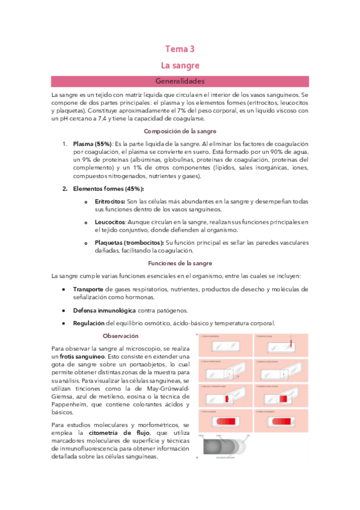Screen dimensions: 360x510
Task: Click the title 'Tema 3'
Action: tap(180, 49)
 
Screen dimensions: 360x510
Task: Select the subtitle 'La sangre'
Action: tap(180, 64)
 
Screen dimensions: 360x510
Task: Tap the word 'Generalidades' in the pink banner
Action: tap(180, 81)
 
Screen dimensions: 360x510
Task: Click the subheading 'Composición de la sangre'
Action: tap(180, 131)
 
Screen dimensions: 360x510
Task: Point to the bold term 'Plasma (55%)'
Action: tap(92, 144)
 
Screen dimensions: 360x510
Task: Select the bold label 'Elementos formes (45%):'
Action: tap(103, 189)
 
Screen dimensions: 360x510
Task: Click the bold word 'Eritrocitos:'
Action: tap(110, 201)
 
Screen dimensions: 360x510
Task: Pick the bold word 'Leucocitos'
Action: tap(110, 222)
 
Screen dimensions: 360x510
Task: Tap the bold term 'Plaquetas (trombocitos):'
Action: tap(129, 242)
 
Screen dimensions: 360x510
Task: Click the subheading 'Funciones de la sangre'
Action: tap(180, 263)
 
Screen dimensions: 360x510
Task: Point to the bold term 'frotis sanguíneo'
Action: tap(84, 357)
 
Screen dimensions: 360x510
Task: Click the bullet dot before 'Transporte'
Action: tap(64, 289)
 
